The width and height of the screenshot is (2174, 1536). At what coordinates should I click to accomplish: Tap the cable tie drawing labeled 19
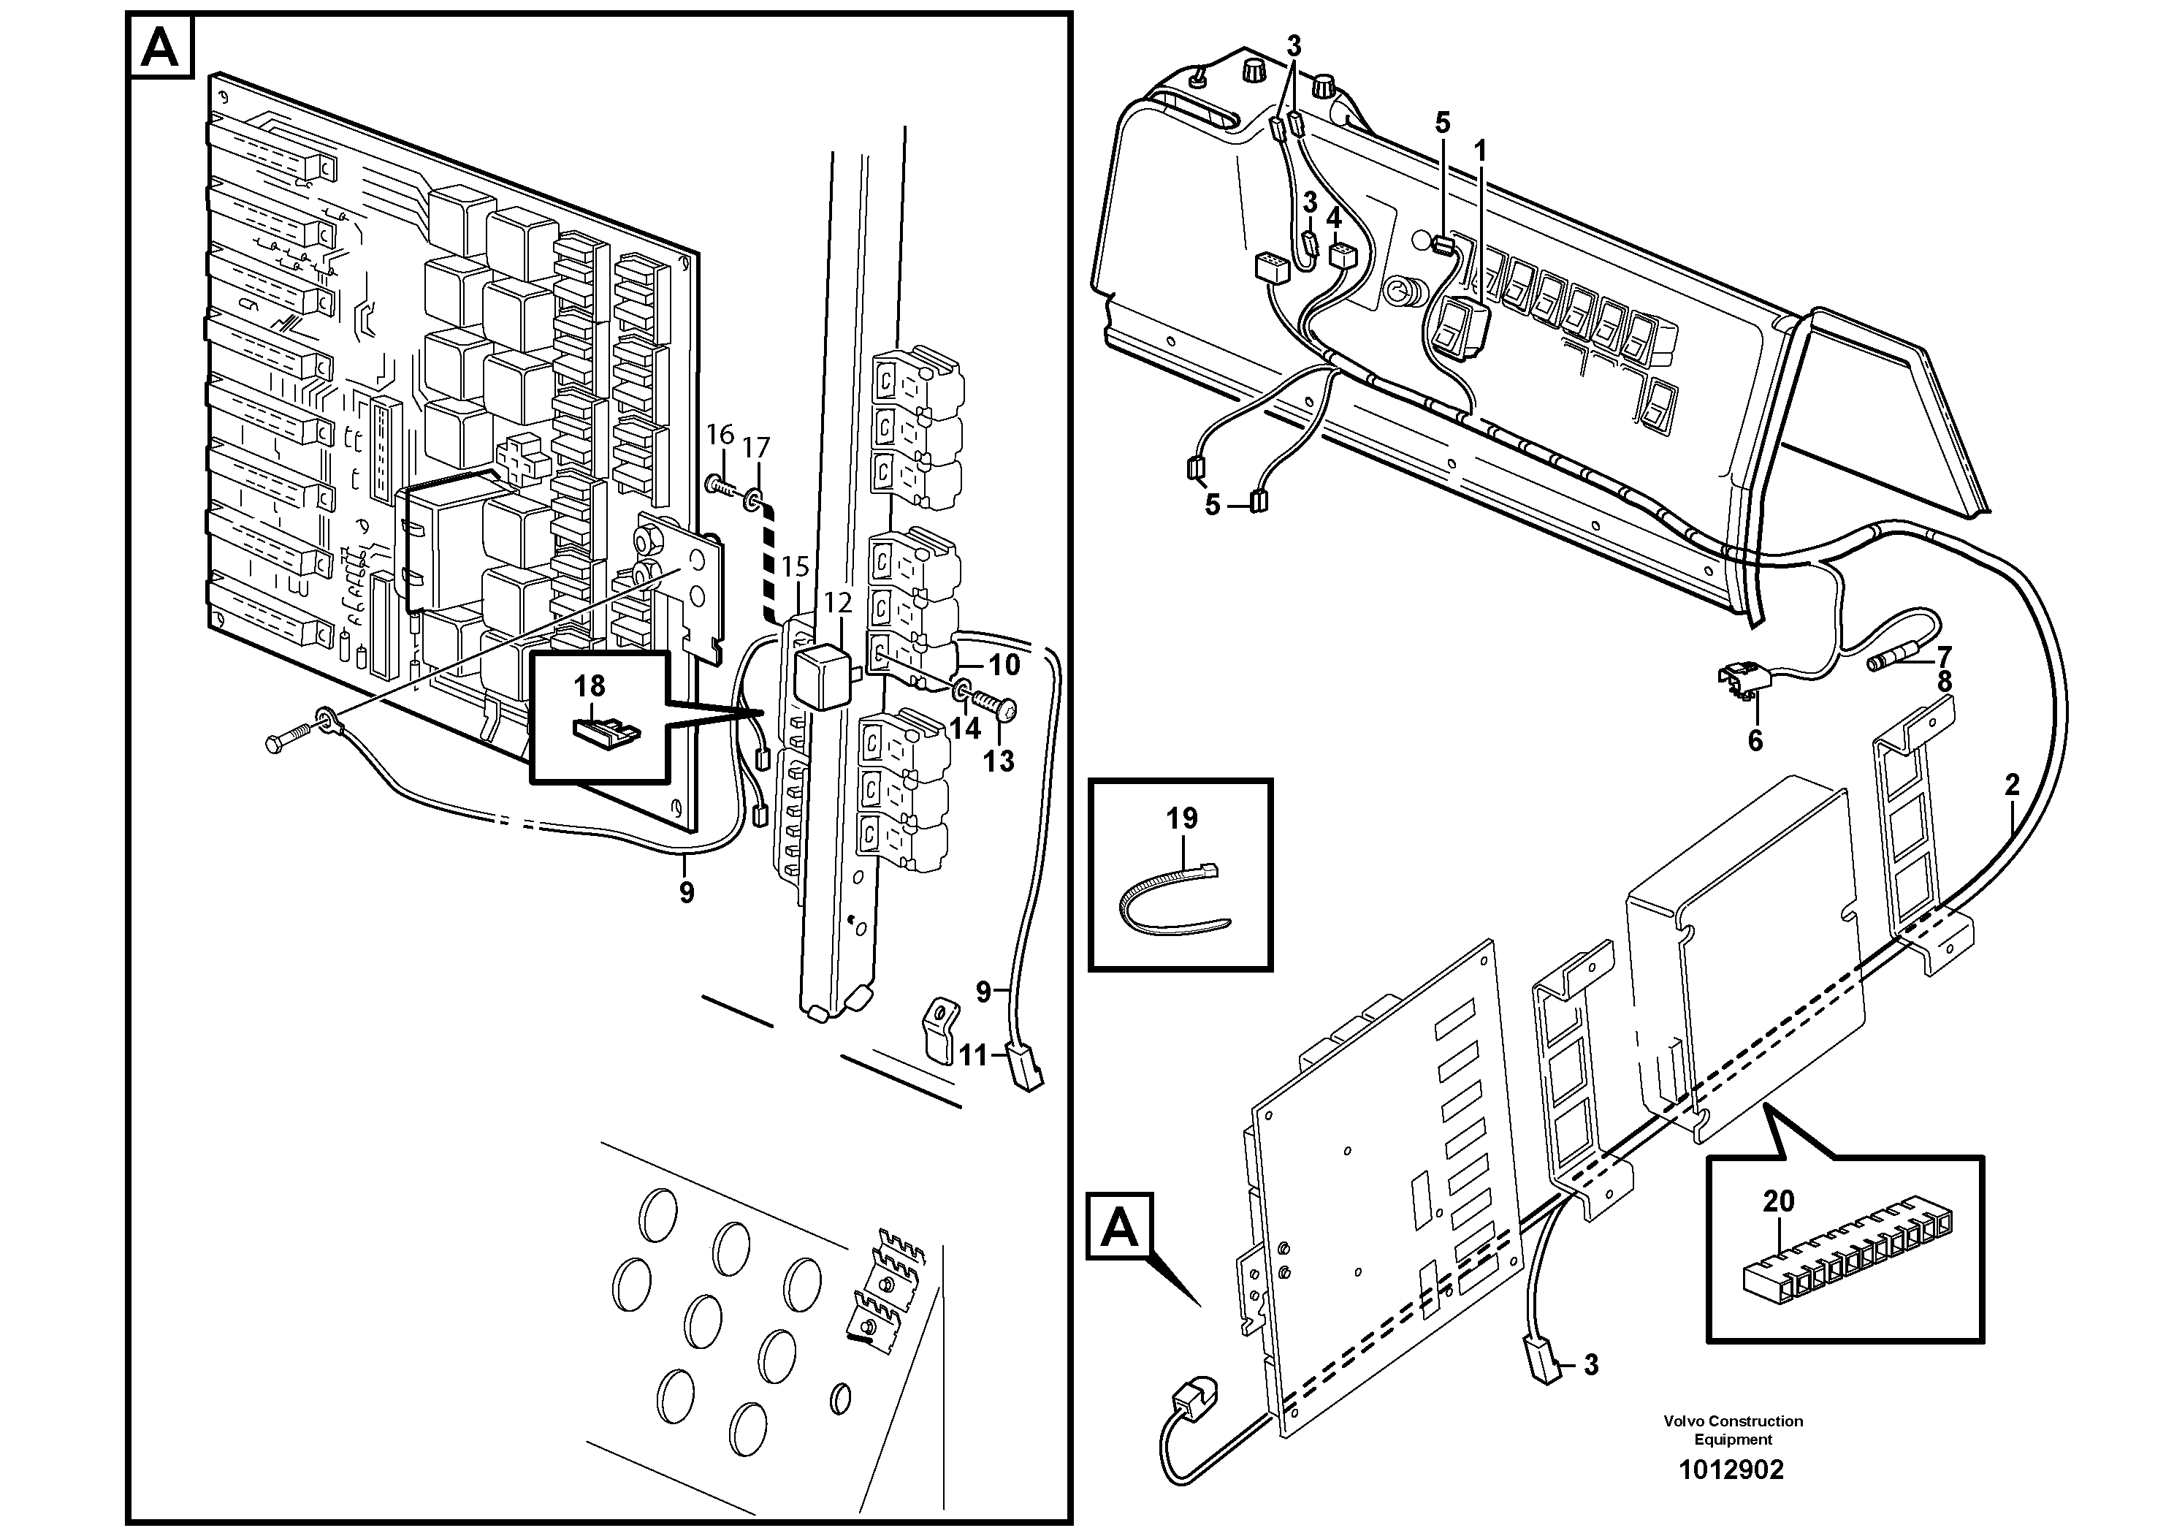click(1171, 896)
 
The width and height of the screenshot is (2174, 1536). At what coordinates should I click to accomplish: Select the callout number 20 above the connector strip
click(1778, 1201)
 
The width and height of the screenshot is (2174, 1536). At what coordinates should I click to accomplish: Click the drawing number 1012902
click(1731, 1469)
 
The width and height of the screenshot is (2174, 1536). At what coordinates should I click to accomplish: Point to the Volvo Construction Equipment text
click(1733, 1430)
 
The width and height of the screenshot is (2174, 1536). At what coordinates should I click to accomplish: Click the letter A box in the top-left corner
click(159, 47)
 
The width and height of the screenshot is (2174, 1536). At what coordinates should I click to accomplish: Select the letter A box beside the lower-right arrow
click(1119, 1228)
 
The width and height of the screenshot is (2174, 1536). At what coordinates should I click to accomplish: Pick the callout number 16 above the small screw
click(720, 435)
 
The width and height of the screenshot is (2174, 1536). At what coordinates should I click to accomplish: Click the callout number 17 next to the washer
click(755, 447)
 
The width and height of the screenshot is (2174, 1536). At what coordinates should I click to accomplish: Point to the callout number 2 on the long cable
click(2012, 784)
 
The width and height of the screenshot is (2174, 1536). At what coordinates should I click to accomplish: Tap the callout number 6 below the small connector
click(1755, 740)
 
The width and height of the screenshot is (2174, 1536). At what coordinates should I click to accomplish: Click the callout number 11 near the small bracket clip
click(973, 1055)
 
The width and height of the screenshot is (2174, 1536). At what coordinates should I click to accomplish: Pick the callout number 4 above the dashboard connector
click(1333, 218)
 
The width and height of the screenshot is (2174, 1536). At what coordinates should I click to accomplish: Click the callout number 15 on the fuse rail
click(796, 567)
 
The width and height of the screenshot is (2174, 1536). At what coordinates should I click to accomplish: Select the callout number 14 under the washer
click(965, 729)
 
